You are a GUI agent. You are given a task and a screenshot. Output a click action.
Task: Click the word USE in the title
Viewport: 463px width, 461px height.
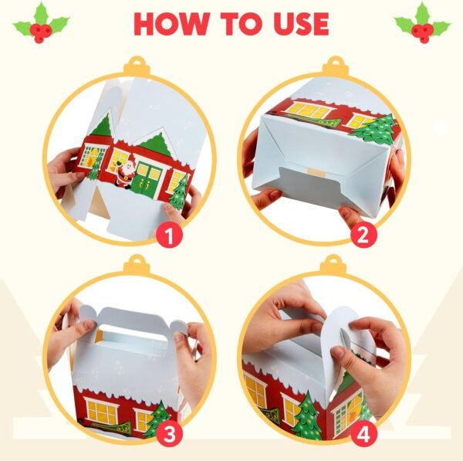tap(301, 24)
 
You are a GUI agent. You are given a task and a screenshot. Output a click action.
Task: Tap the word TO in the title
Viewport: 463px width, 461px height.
tap(241, 24)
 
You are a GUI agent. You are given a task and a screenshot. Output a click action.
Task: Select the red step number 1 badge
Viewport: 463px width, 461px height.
tap(169, 236)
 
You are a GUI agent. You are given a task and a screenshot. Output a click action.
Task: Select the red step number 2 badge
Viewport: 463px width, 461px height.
tap(363, 236)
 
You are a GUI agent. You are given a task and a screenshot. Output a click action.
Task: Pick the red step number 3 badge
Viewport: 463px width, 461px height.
tap(169, 434)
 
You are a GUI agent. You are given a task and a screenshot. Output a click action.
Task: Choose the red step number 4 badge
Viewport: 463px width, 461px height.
tap(363, 434)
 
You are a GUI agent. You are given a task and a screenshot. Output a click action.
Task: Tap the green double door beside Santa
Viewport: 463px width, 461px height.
tap(147, 180)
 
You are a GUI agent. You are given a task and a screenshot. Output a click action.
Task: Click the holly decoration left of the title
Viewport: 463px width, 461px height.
tap(41, 23)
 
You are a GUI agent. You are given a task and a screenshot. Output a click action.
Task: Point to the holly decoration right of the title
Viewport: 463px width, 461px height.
tap(422, 23)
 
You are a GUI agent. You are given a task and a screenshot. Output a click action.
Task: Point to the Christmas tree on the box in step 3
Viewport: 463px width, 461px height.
tap(157, 419)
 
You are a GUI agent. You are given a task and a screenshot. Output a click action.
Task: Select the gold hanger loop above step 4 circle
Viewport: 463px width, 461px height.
tap(333, 264)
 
